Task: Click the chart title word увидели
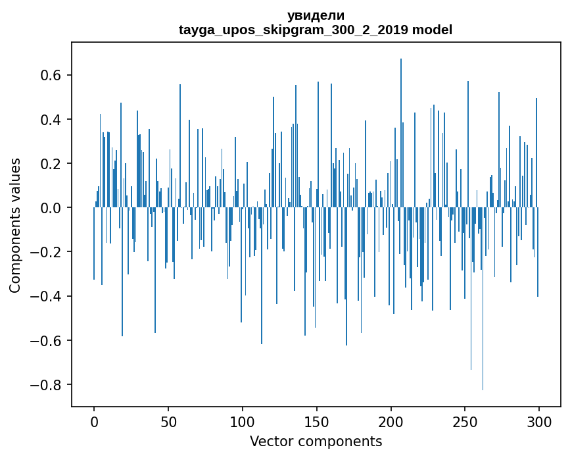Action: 316,16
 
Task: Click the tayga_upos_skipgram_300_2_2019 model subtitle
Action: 316,30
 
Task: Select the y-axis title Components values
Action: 15,225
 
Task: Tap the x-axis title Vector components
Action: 316,442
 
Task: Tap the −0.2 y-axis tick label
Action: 47,252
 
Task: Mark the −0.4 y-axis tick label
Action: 47,297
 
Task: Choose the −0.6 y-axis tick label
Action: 47,341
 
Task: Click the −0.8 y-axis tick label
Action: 47,385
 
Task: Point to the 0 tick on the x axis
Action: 94,421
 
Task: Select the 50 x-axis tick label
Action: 168,421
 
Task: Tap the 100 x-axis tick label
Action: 243,421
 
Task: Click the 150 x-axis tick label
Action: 317,421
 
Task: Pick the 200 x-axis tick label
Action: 391,421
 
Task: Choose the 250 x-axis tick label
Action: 465,421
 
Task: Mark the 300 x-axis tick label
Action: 539,421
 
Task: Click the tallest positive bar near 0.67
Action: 401,132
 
